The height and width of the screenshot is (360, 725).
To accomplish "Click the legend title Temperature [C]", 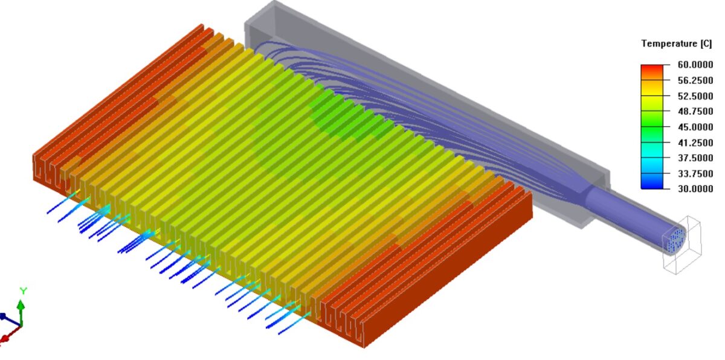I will coord(676,43).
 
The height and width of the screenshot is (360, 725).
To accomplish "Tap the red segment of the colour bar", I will coord(651,70).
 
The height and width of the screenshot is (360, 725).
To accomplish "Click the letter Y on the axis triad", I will coord(23,291).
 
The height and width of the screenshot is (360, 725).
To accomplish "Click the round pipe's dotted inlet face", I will coord(675,240).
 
